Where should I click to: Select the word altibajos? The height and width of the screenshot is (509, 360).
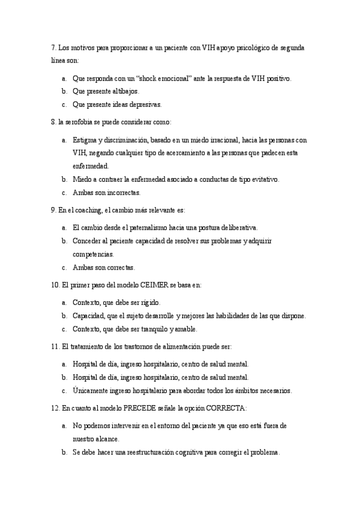coord(124,91)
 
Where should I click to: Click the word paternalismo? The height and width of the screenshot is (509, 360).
coord(140,228)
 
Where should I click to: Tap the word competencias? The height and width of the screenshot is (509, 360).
coord(92,254)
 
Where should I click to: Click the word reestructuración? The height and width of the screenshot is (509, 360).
coord(143,453)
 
